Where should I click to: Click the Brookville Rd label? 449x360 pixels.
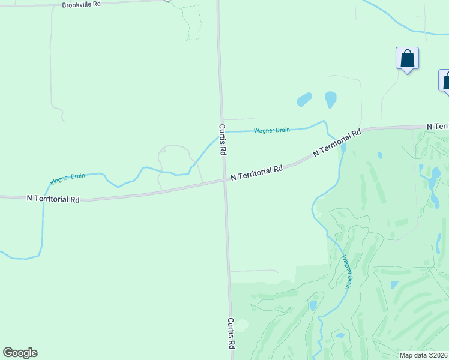(x=81, y=4)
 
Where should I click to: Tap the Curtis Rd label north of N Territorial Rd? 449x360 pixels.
(x=222, y=140)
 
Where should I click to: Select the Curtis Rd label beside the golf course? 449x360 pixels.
(x=231, y=334)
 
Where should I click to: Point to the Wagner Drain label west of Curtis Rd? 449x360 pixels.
(x=67, y=178)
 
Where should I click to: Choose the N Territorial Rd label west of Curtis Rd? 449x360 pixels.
(x=53, y=199)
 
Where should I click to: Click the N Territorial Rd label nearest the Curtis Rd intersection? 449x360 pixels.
(x=256, y=173)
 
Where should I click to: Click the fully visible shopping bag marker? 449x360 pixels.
(x=407, y=59)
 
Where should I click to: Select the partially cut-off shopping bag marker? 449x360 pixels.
(x=445, y=81)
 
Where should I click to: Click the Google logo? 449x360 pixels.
(x=20, y=353)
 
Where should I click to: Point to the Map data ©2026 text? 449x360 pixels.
(x=424, y=355)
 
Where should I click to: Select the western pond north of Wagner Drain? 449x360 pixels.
(x=304, y=99)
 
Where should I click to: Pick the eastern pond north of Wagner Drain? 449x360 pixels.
(x=330, y=99)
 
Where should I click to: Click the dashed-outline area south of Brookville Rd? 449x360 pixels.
(x=190, y=21)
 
